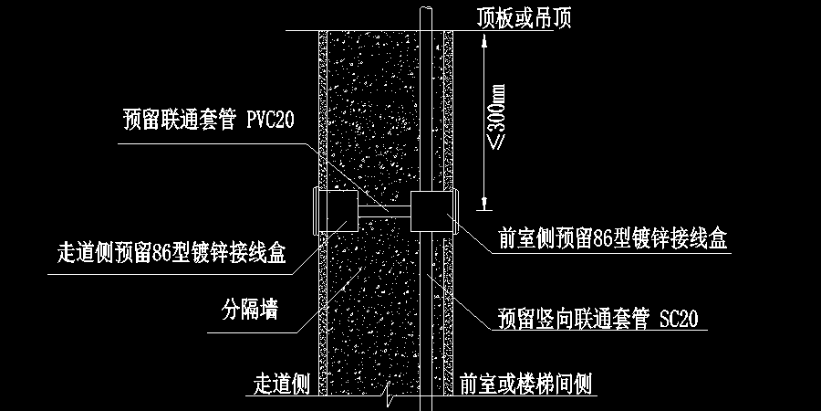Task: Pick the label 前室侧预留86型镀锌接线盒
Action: click(x=612, y=239)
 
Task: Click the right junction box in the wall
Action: click(x=432, y=211)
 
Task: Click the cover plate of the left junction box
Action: click(x=316, y=211)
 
